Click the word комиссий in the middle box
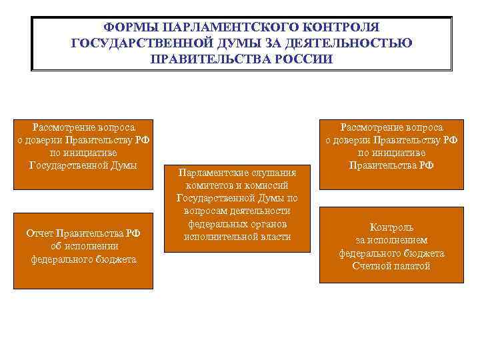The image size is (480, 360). (x=274, y=185)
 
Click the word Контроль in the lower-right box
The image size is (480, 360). (x=392, y=227)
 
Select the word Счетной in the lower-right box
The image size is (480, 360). (x=372, y=266)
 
